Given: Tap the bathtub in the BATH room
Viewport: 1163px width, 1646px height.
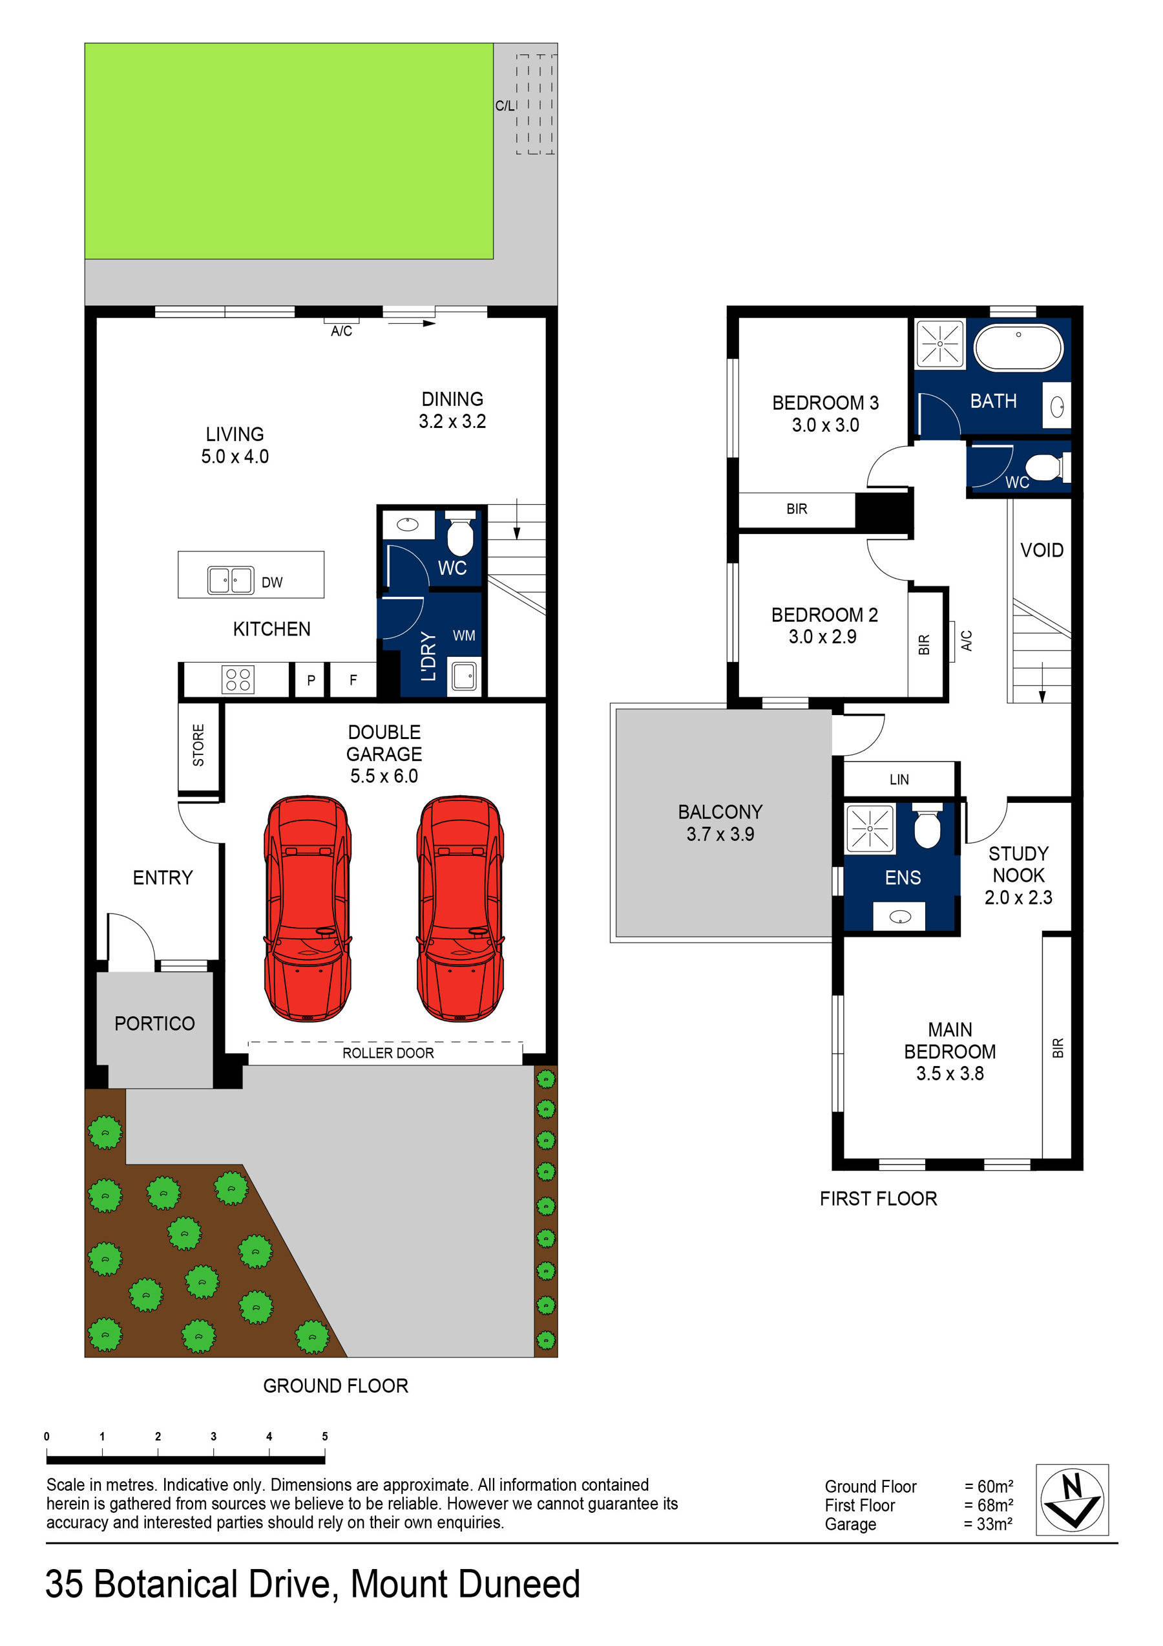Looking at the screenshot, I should click(x=1018, y=348).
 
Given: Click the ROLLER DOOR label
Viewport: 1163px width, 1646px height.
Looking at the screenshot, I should click(x=388, y=1053).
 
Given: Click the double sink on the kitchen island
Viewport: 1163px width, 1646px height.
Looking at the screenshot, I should click(x=230, y=580).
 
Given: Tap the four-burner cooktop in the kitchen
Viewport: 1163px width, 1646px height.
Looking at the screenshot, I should click(x=237, y=679).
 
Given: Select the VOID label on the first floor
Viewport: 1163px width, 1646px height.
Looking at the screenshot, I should click(x=1041, y=550).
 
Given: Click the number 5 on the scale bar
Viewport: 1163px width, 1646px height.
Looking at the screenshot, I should click(x=324, y=1436).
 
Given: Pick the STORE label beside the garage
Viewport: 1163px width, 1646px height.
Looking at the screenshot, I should click(x=198, y=745).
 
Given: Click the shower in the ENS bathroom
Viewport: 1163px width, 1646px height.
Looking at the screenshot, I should click(x=869, y=828).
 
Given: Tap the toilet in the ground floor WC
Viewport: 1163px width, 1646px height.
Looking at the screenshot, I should click(x=459, y=533).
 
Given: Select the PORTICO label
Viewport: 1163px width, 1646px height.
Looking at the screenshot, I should click(x=155, y=1023).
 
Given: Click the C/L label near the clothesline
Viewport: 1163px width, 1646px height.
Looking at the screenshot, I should click(x=505, y=105).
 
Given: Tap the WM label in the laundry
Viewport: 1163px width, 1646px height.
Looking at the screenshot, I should click(x=464, y=635).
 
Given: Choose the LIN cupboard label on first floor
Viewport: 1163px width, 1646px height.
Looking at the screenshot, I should click(x=899, y=779).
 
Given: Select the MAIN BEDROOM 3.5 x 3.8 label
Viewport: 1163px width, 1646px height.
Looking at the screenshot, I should click(x=950, y=1051).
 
